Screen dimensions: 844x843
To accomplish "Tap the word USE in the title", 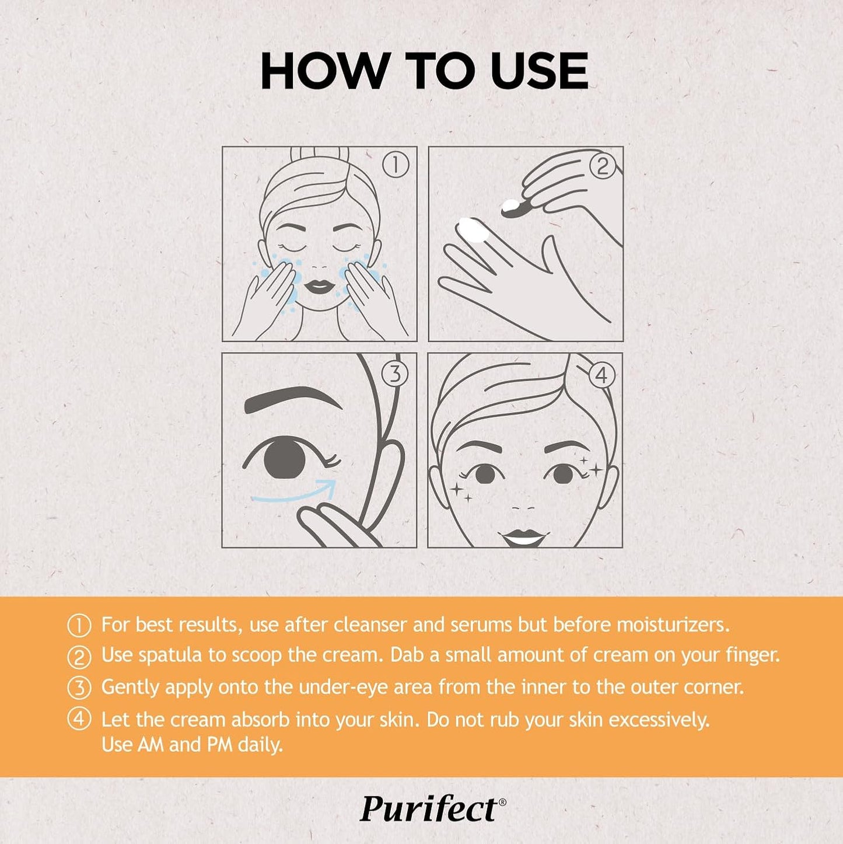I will pyautogui.click(x=539, y=71).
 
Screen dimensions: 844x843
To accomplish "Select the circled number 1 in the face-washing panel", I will pyautogui.click(x=396, y=165).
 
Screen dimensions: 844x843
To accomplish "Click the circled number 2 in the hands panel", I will pyautogui.click(x=603, y=166).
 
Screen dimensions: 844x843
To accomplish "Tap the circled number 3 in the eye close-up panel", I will pyautogui.click(x=395, y=374).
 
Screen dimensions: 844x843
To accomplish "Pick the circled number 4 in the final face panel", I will pyautogui.click(x=601, y=375).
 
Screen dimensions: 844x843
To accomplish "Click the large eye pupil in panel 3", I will pyautogui.click(x=284, y=457).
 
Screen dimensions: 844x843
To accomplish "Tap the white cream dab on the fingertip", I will pyautogui.click(x=474, y=229).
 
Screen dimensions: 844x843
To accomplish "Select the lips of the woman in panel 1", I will pyautogui.click(x=319, y=287).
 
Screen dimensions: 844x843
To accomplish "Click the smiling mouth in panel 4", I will pyautogui.click(x=523, y=536).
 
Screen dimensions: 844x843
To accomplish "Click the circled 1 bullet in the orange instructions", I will pyautogui.click(x=79, y=626).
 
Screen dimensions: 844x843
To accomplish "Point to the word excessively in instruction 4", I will pyautogui.click(x=659, y=720).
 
